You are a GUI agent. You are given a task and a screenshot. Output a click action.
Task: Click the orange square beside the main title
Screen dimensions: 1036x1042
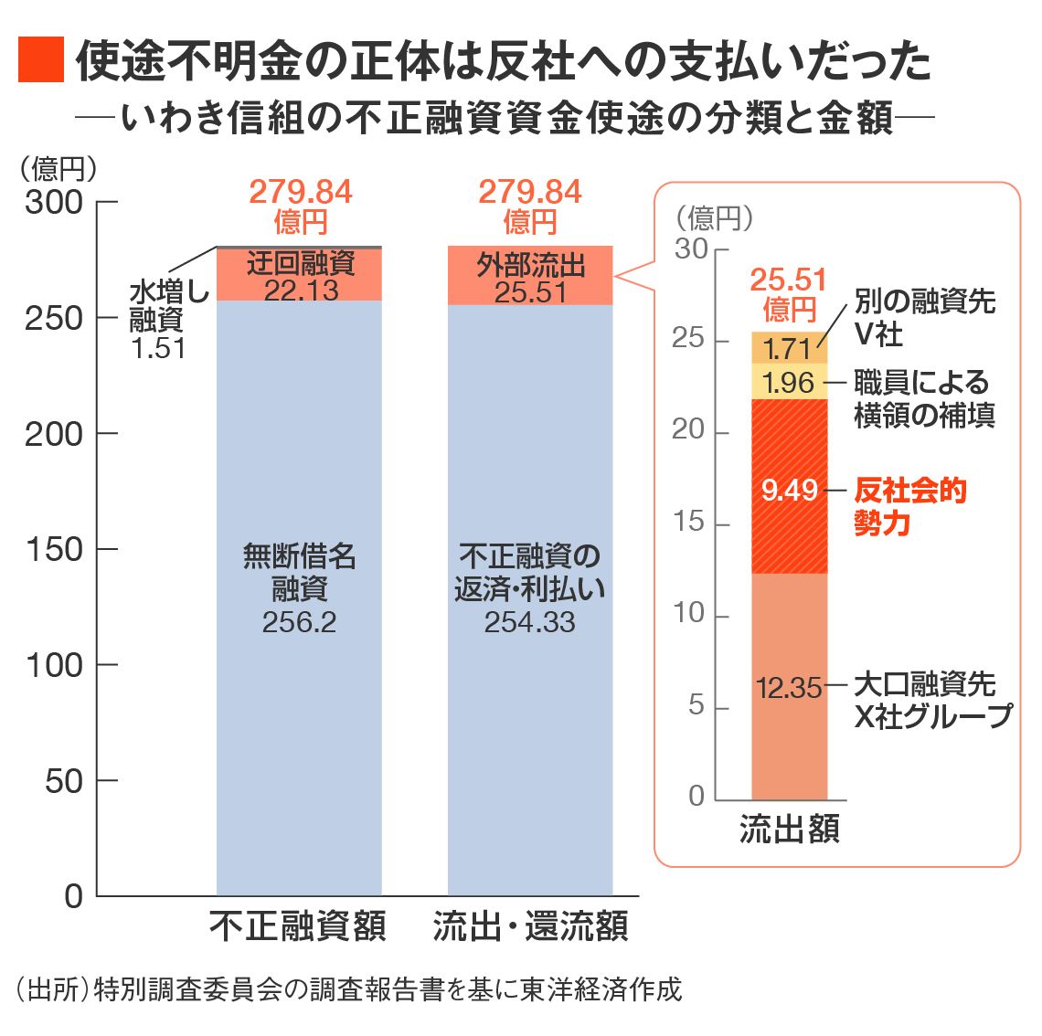click(41, 59)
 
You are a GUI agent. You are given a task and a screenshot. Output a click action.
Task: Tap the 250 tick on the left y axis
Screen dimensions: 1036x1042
click(55, 318)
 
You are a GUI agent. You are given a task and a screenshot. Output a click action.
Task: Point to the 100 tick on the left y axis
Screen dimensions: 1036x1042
click(55, 665)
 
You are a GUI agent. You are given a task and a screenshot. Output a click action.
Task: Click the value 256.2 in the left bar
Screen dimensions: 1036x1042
click(299, 622)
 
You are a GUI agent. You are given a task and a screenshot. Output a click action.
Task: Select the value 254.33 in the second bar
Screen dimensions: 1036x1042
click(529, 622)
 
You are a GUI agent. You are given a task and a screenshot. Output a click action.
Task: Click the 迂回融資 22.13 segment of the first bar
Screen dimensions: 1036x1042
click(299, 275)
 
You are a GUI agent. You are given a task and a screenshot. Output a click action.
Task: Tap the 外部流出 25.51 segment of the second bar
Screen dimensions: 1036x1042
click(529, 277)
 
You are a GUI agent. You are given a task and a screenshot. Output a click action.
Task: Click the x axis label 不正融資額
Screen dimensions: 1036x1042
click(299, 925)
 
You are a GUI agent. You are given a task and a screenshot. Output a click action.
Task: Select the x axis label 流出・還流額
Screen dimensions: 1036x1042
click(530, 925)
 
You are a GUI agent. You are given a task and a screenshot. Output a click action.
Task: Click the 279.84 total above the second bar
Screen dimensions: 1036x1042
click(529, 193)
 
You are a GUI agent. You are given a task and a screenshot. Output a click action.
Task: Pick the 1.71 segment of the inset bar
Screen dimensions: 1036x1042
click(789, 348)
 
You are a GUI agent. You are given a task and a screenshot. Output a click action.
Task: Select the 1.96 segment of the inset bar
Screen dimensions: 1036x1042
click(789, 382)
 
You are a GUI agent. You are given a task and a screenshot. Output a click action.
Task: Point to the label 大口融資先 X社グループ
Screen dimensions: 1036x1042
click(930, 700)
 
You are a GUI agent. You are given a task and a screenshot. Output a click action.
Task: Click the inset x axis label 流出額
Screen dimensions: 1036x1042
click(789, 829)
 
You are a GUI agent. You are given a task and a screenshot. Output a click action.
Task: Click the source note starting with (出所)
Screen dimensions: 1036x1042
click(348, 990)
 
